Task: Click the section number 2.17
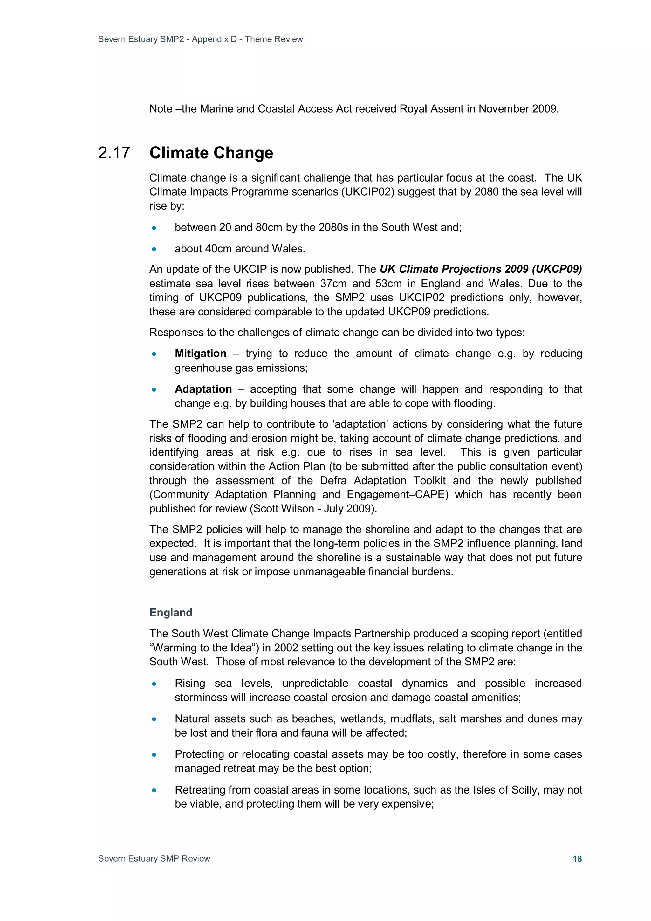114,153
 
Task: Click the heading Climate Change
211,153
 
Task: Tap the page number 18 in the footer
577,858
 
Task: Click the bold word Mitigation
201,354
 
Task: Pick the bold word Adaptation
203,389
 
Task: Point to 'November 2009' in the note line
518,109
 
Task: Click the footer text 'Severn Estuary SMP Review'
154,858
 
